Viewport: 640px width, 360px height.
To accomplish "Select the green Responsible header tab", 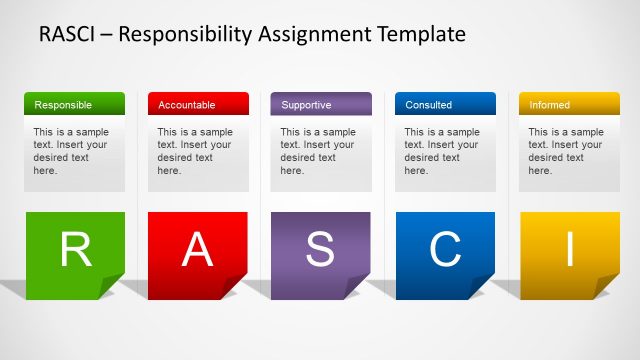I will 74,104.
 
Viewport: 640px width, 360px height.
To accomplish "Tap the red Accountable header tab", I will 198,104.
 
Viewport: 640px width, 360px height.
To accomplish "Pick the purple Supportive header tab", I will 321,104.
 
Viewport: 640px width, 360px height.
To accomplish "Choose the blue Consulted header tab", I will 445,104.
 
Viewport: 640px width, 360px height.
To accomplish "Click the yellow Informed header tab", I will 569,104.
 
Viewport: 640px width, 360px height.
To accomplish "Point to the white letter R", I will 75,250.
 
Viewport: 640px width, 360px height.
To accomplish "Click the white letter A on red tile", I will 198,250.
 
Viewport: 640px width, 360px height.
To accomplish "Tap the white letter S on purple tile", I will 320,250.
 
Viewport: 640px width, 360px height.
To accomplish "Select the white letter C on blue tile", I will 445,250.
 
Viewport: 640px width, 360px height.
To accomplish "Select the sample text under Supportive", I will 317,151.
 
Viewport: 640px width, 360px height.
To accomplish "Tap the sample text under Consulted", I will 441,151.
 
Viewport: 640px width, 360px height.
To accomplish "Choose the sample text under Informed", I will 565,151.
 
